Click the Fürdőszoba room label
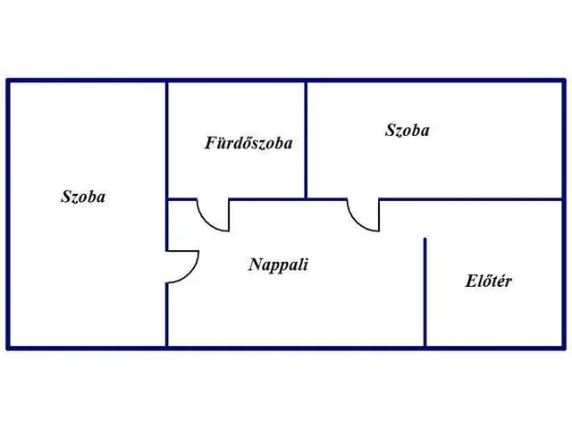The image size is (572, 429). [x=248, y=143]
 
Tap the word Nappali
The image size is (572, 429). [x=278, y=265]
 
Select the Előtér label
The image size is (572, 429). [x=489, y=281]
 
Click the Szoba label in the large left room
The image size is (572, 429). [x=83, y=197]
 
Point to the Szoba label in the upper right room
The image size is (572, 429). [x=408, y=130]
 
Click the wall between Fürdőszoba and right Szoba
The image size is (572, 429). [x=306, y=140]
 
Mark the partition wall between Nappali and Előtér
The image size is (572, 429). [x=425, y=292]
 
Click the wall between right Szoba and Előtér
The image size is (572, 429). [x=471, y=199]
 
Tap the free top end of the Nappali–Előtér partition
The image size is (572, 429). [x=425, y=239]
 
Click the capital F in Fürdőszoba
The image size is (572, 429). [x=211, y=143]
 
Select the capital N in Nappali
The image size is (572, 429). [x=256, y=265]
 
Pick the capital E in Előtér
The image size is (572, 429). [x=471, y=281]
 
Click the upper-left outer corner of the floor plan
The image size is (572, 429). [x=7, y=80]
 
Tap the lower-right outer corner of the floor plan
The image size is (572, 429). [x=564, y=349]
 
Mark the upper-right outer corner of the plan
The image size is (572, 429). [x=564, y=80]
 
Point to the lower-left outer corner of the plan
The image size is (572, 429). [x=7, y=349]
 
